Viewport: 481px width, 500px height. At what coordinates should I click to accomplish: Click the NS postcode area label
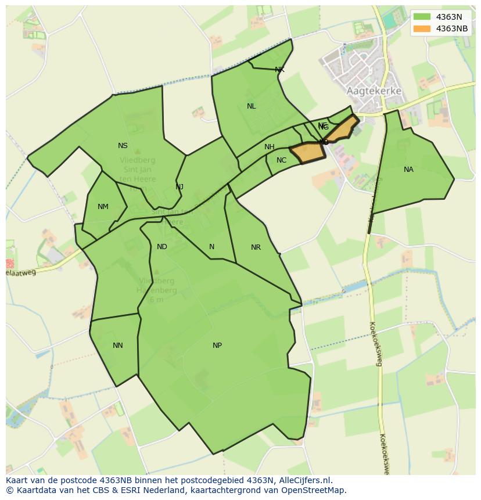(x=123, y=146)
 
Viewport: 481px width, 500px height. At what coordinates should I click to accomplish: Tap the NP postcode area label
(x=217, y=346)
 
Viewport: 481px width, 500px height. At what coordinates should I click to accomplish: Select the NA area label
(x=408, y=170)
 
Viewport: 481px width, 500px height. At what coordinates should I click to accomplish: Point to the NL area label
(x=251, y=106)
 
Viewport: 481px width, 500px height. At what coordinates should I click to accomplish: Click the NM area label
(x=103, y=207)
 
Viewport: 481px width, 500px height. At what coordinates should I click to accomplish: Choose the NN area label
(x=118, y=346)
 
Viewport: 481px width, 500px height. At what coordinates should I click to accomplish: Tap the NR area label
(x=256, y=247)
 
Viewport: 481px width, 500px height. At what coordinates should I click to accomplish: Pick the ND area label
(x=162, y=247)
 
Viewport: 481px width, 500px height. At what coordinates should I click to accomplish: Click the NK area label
(x=279, y=70)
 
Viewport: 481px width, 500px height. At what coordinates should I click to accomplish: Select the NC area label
(x=281, y=160)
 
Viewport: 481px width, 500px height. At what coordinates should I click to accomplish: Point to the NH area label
(x=269, y=147)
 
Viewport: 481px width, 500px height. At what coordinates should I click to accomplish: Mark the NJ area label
(x=180, y=186)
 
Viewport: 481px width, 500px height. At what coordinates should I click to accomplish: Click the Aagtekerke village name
(x=374, y=91)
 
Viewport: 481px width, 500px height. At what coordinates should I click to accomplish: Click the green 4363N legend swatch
(x=422, y=16)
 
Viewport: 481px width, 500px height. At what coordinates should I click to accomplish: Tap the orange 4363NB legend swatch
(x=422, y=28)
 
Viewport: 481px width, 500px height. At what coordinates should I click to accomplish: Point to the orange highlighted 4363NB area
(x=307, y=152)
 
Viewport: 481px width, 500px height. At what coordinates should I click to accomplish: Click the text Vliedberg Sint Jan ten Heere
(x=137, y=170)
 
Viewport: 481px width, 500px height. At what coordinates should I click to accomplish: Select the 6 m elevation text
(x=156, y=300)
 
